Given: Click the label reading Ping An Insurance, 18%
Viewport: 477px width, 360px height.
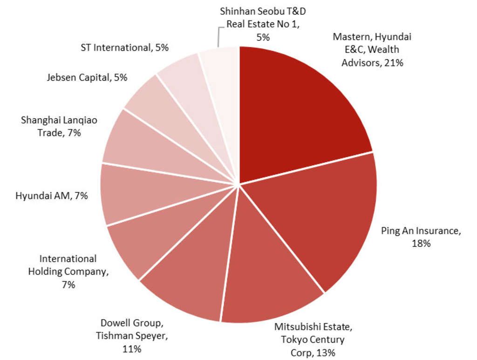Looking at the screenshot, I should [421, 237].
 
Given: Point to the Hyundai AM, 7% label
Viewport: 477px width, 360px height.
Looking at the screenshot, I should [51, 196].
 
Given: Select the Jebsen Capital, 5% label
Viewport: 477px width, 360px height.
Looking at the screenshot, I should [87, 78].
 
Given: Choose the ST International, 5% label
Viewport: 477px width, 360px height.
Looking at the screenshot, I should [124, 47].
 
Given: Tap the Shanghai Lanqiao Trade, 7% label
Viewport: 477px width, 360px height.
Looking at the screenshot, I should [59, 126].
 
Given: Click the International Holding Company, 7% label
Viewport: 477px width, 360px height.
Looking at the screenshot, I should [68, 272].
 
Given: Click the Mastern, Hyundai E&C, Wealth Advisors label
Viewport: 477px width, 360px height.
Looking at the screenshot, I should [372, 49].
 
